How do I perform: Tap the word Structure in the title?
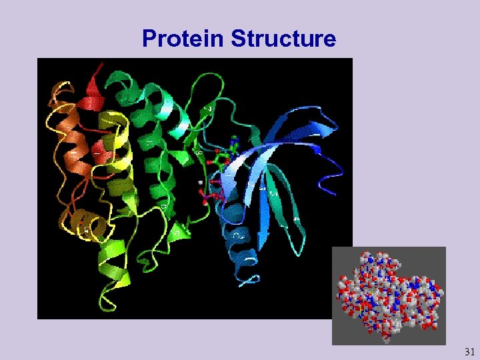click(283, 39)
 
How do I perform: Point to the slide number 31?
click(469, 351)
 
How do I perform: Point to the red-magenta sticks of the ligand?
click(212, 193)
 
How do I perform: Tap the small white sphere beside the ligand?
click(200, 181)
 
